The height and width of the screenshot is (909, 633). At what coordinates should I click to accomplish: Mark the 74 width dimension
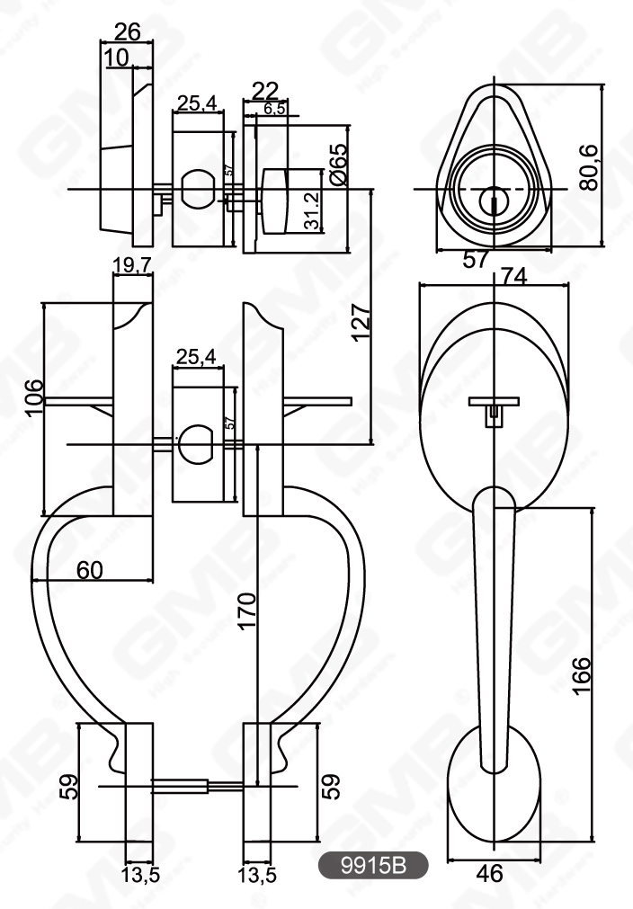[513, 277]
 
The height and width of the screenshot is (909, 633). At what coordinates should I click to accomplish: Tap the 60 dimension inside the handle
[93, 568]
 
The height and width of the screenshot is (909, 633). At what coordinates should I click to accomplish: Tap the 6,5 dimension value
[274, 109]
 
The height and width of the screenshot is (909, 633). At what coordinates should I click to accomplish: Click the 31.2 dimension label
[313, 211]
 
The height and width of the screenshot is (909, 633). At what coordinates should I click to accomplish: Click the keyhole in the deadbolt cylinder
[493, 201]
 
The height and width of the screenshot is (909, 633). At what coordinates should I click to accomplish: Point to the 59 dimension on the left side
[69, 789]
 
